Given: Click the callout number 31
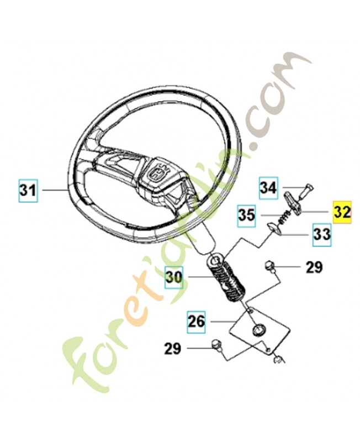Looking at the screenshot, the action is point(28,190).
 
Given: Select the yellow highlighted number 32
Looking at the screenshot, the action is point(342,212).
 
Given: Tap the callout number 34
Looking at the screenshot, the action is point(268,188).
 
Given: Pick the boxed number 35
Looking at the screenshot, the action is point(246,215).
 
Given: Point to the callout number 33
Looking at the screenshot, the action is point(322,234).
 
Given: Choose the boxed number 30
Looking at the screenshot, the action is point(174,277).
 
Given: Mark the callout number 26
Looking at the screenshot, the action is point(197,322).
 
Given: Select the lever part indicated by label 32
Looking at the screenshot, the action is point(294,202).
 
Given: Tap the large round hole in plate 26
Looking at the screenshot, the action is point(258,329).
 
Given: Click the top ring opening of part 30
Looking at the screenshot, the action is point(216,259).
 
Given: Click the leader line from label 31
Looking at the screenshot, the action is point(55,191).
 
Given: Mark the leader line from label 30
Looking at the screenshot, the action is point(201,277).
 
